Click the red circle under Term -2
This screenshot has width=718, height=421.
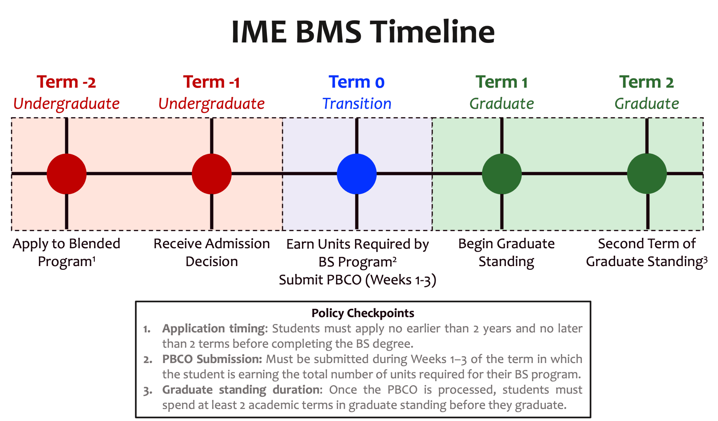coord(66,174)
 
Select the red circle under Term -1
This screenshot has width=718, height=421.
coord(211,174)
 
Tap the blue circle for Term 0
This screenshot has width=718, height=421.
coord(356,174)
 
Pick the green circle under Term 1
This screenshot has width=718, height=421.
coord(501,174)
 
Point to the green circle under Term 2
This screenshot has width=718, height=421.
coord(647,173)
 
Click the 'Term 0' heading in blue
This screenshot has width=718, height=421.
coord(356,83)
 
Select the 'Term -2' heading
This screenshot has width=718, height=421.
coord(66,83)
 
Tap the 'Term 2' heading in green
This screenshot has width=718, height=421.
coord(646,83)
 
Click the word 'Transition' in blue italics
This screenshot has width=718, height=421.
coord(357,104)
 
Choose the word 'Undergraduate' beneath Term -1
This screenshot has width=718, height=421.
coord(211,104)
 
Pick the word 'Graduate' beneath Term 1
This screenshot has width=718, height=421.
coord(501,104)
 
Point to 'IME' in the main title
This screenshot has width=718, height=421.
coord(259,32)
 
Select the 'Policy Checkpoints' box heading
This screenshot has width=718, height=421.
coord(363,313)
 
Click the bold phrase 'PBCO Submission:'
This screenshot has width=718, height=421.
coord(212,359)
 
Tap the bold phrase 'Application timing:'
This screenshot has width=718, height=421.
coord(215,329)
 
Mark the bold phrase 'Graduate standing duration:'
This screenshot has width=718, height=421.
coord(242,390)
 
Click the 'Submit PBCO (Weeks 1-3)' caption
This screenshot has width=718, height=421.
coord(357,280)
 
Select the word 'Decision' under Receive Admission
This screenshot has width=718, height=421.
coord(212,262)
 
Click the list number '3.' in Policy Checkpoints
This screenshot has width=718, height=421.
coord(148,391)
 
